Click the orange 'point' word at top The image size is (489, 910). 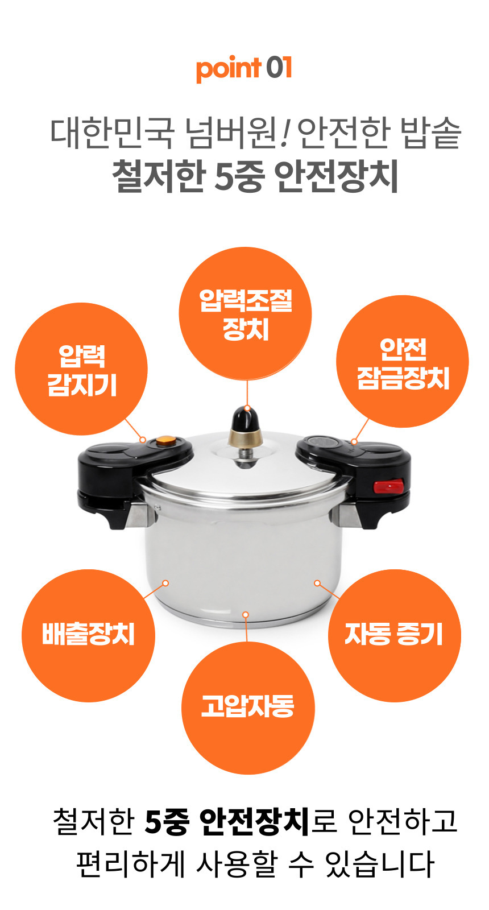coord(228,69)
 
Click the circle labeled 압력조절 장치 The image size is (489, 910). coord(245,313)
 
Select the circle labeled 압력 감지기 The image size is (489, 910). coord(81,369)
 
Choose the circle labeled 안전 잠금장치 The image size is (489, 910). coord(403,361)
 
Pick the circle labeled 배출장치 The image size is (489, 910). coord(88,635)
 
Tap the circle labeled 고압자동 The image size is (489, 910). coord(248,708)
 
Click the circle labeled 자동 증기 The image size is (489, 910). coord(395,635)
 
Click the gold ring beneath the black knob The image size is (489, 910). coord(245,439)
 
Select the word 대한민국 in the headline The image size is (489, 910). coord(112,133)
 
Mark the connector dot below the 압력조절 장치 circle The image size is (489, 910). coord(247,408)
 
